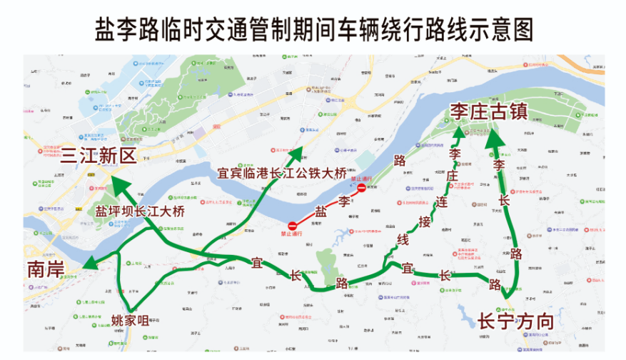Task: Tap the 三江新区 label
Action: coord(98,156)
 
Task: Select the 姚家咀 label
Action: coord(130,319)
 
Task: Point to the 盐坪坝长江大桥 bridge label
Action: coord(140,211)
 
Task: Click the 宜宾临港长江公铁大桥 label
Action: coord(281,172)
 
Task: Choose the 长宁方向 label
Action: coord(515,321)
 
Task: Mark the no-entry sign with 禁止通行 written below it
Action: coord(291,226)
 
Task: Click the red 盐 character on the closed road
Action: coord(321,211)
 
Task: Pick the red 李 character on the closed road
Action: coord(345,200)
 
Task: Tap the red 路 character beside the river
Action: coord(400,160)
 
